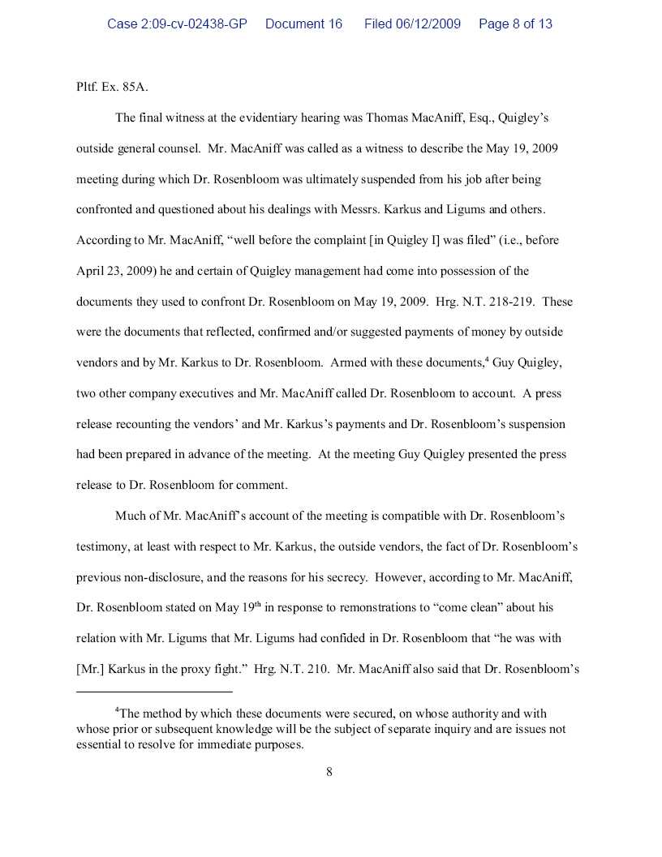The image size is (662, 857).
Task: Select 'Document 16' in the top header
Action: (303, 24)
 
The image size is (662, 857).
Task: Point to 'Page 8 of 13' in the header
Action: (515, 24)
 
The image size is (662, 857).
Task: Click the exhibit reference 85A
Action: (135, 87)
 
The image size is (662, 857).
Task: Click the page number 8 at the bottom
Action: (329, 772)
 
